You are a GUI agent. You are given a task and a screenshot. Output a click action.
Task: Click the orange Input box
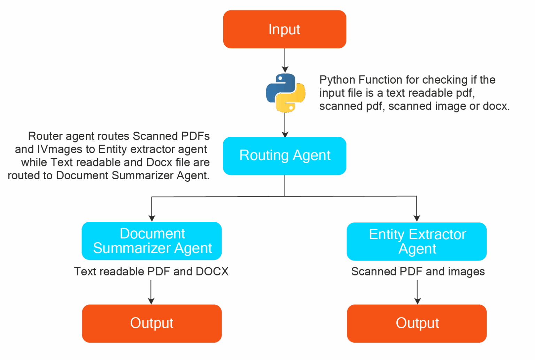tap(285, 29)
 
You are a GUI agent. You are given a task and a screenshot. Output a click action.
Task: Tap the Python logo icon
tap(285, 93)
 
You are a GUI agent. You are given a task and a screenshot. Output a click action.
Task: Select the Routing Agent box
tap(285, 156)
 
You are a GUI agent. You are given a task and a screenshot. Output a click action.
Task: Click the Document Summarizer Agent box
tap(152, 241)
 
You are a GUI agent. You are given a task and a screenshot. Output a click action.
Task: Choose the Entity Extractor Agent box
tap(417, 242)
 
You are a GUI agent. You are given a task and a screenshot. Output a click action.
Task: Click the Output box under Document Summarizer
tap(152, 323)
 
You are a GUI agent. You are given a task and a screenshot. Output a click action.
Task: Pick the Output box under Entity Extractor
tap(417, 323)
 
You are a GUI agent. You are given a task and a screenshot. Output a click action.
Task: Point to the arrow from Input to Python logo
tap(285, 61)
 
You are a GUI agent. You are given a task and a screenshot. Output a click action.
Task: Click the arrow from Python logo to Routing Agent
tap(285, 125)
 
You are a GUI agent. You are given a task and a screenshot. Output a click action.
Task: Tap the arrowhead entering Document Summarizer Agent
tap(152, 218)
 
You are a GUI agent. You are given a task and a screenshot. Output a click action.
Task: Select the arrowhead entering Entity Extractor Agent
tap(417, 218)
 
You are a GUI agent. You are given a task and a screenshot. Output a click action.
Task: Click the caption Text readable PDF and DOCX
tap(151, 272)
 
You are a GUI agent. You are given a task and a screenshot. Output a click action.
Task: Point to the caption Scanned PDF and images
tap(418, 272)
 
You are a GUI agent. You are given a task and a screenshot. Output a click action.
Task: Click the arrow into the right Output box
tap(417, 292)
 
